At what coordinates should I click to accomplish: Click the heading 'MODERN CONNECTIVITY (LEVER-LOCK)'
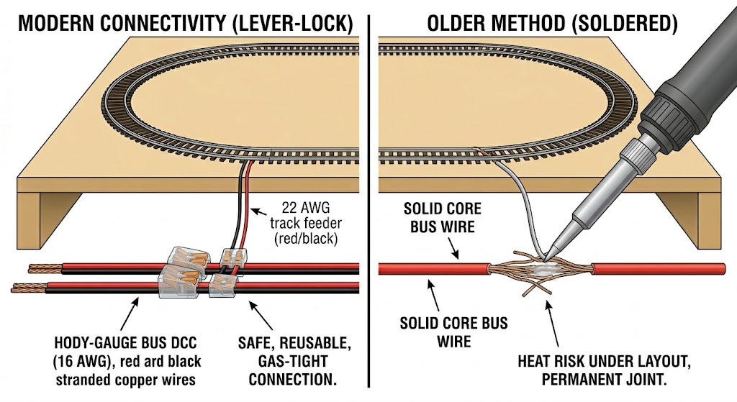click(x=186, y=23)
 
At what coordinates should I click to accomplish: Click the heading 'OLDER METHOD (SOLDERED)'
click(x=552, y=23)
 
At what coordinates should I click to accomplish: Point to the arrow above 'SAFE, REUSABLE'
click(x=260, y=316)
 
